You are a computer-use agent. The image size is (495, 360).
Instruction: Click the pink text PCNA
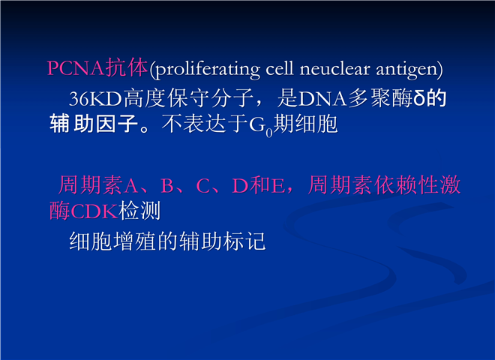tap(76, 67)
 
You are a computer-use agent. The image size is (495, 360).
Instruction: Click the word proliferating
tap(208, 70)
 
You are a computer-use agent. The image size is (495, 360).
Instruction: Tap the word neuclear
tap(334, 68)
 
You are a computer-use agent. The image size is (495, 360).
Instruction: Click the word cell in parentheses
tap(280, 68)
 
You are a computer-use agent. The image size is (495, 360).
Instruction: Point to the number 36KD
tap(95, 98)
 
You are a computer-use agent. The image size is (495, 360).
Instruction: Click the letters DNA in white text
tap(322, 98)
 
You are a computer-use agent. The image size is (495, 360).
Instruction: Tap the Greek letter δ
tap(419, 98)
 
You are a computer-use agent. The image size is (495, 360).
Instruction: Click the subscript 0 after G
tap(269, 133)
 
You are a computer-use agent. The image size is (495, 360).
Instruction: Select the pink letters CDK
tap(94, 211)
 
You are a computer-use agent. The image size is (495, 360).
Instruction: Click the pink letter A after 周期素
tap(131, 186)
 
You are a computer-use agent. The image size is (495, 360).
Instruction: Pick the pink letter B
tap(167, 186)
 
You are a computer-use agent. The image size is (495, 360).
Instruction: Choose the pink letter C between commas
tap(203, 186)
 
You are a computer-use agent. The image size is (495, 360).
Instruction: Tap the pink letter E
tap(278, 186)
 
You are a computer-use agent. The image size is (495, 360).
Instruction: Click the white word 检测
tap(139, 210)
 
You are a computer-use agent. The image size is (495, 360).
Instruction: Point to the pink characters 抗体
tap(126, 67)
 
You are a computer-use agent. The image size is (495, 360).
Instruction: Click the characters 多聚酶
tap(380, 98)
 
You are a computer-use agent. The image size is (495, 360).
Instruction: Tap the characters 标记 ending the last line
tap(244, 241)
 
